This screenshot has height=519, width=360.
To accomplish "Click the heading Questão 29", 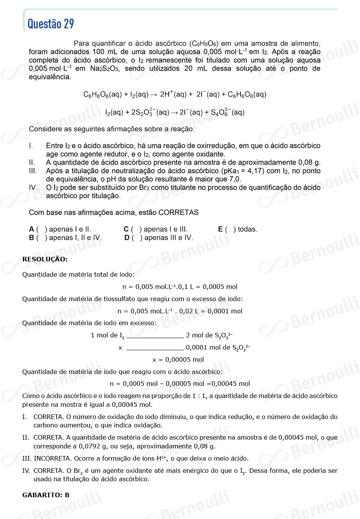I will [x=51, y=24].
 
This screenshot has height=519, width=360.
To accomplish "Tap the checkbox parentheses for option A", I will [x=42, y=229].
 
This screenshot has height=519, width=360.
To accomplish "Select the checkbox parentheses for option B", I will [x=42, y=238].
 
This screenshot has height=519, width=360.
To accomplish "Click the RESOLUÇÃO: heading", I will [x=45, y=259].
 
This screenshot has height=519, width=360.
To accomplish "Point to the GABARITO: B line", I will [x=46, y=495].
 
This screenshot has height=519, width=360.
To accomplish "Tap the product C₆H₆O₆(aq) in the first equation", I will [x=247, y=94].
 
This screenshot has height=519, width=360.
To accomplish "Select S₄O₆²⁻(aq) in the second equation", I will [x=228, y=112].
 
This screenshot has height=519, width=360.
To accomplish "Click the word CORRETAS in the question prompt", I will [x=178, y=213].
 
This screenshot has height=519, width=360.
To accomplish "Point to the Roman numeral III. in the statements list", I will [x=33, y=171].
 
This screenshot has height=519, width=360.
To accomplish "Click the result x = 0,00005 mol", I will [x=178, y=359].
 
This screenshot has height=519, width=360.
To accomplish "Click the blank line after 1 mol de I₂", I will [x=155, y=337].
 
